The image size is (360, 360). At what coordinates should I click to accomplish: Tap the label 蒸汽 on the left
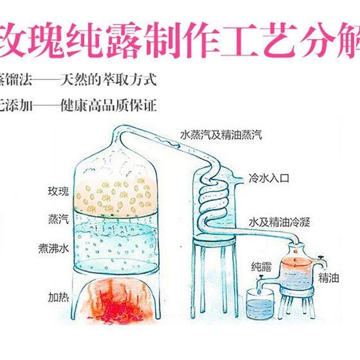[58, 220]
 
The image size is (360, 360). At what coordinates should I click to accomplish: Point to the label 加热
[58, 297]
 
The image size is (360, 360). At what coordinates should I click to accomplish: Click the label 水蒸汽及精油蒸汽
[220, 134]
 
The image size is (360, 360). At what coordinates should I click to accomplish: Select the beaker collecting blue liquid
[261, 304]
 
